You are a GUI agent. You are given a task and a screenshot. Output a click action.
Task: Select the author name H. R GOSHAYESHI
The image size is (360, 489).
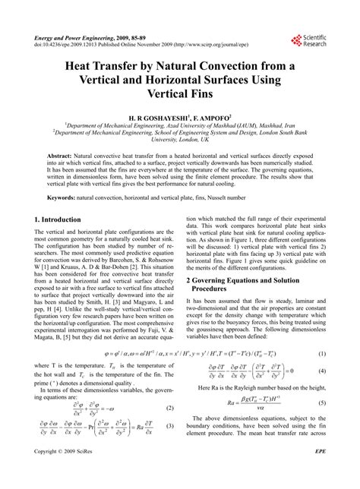(149, 117)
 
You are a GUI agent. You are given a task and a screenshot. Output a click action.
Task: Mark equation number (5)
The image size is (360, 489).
(321, 444)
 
